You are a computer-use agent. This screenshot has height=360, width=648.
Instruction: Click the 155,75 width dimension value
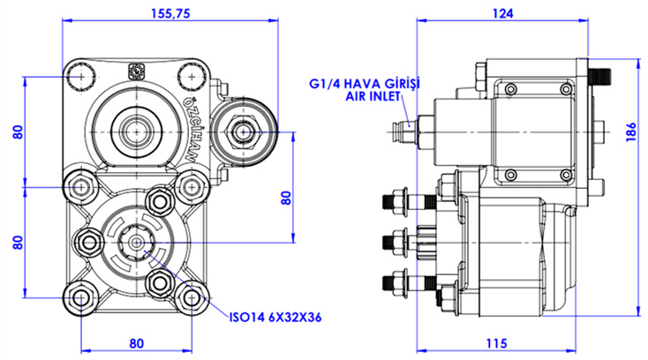[170, 13]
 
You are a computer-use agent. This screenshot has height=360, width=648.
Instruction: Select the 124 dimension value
[502, 13]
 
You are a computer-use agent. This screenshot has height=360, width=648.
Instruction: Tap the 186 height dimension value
[631, 132]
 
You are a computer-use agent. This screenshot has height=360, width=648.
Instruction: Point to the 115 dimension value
[496, 343]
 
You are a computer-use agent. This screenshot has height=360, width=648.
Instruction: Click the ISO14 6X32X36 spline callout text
[275, 318]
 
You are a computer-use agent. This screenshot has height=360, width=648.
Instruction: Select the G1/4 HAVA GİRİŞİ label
[365, 84]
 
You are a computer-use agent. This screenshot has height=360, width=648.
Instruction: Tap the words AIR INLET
[373, 96]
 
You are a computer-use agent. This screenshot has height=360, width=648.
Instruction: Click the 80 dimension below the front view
[136, 343]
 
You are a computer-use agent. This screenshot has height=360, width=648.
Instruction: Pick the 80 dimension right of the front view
[286, 199]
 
